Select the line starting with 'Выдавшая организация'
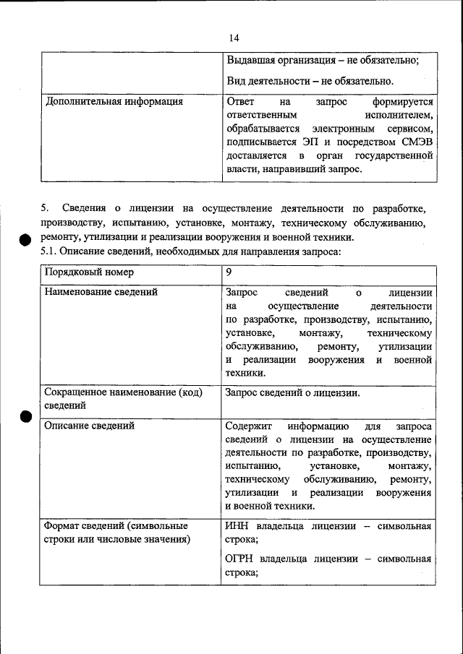coord(322,61)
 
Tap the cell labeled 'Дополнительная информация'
coord(114,102)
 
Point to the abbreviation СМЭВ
coord(417,142)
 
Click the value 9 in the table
coord(229,272)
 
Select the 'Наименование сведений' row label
coord(101,293)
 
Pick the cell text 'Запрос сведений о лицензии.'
coord(293,393)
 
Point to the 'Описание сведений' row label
coord(89,426)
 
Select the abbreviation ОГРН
coord(240,559)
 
